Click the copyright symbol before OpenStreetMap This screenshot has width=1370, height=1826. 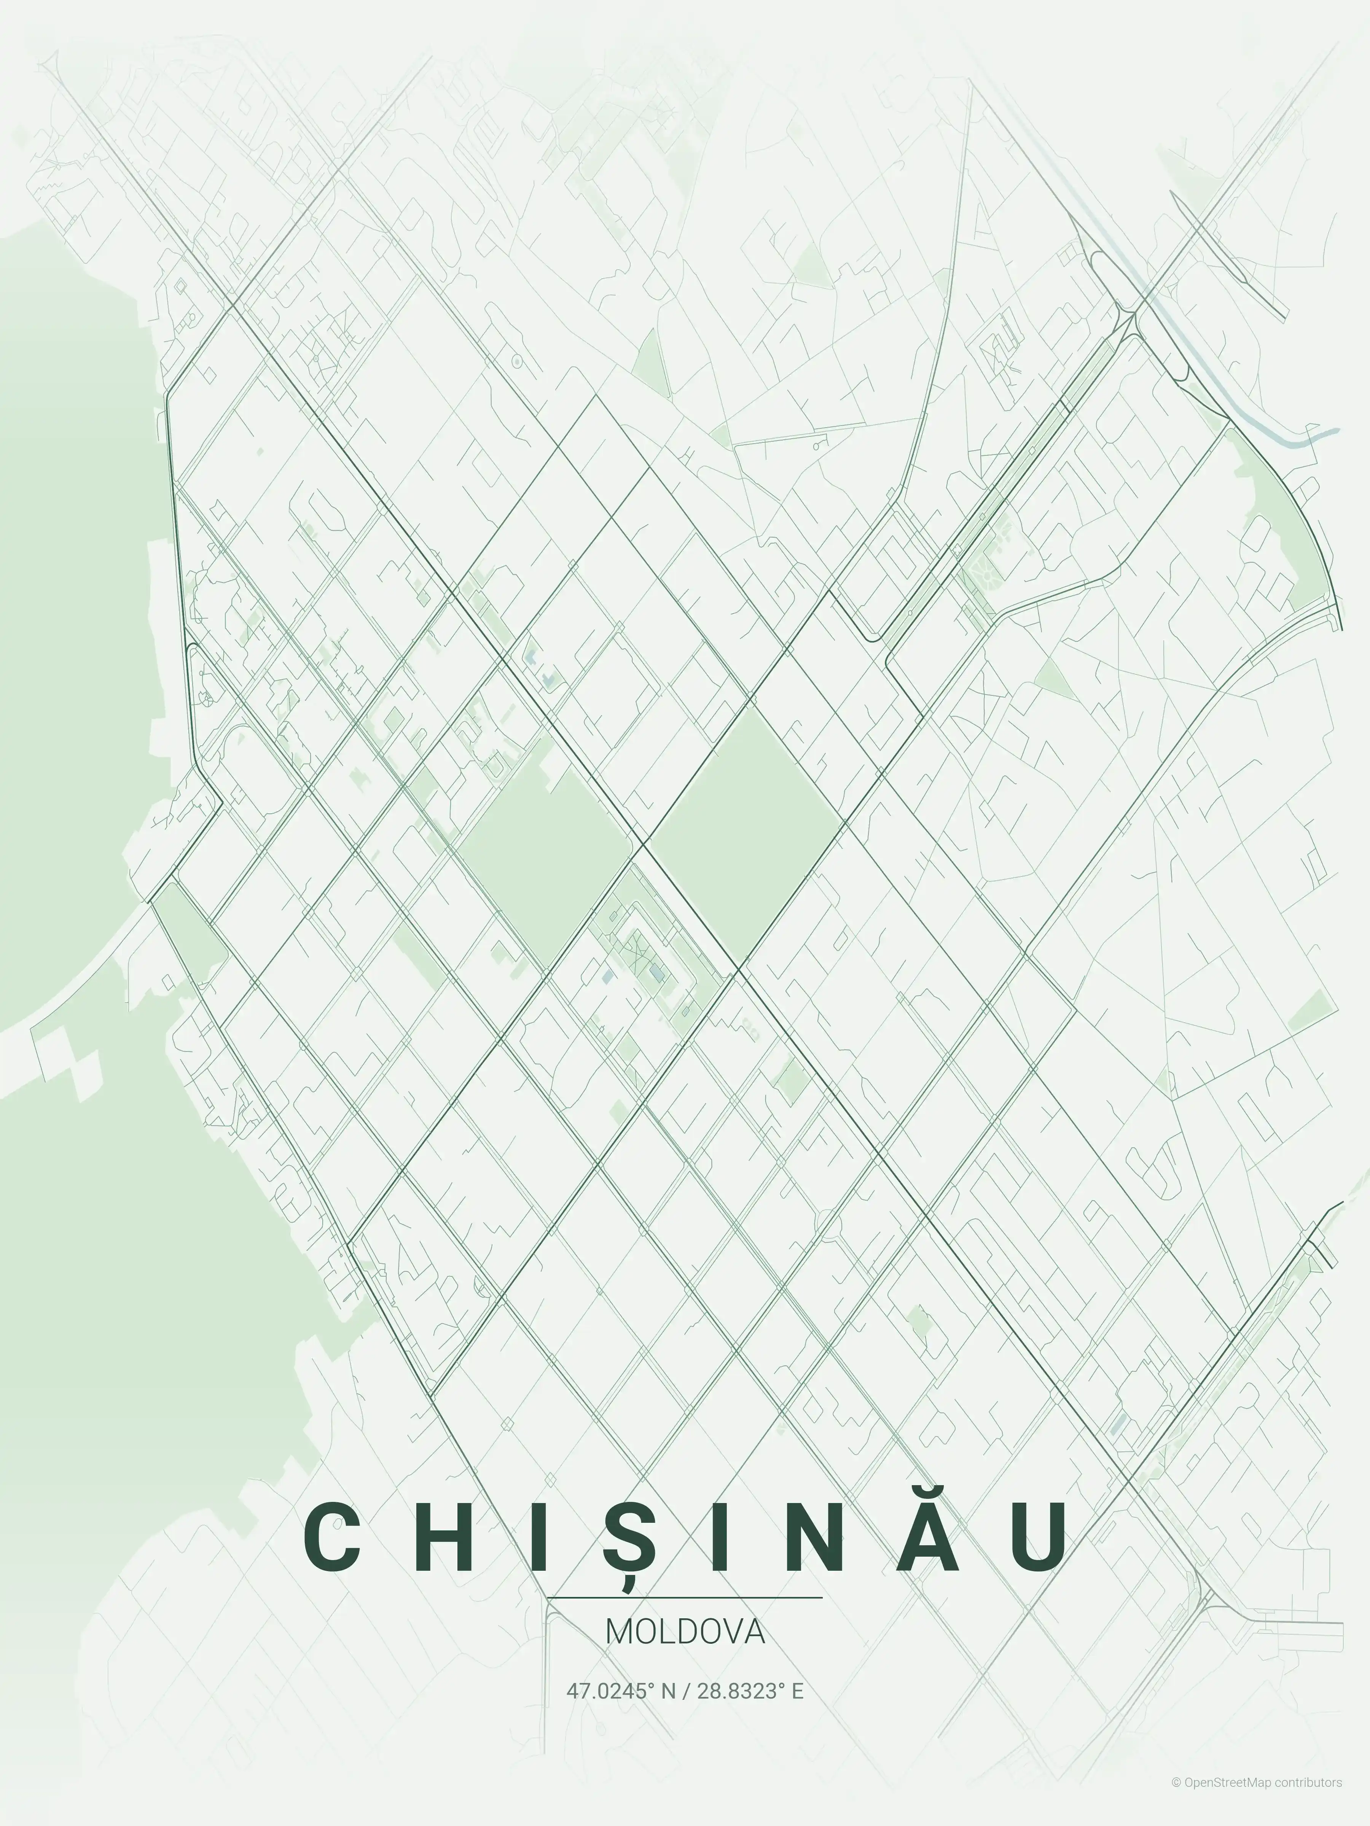(1176, 1799)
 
